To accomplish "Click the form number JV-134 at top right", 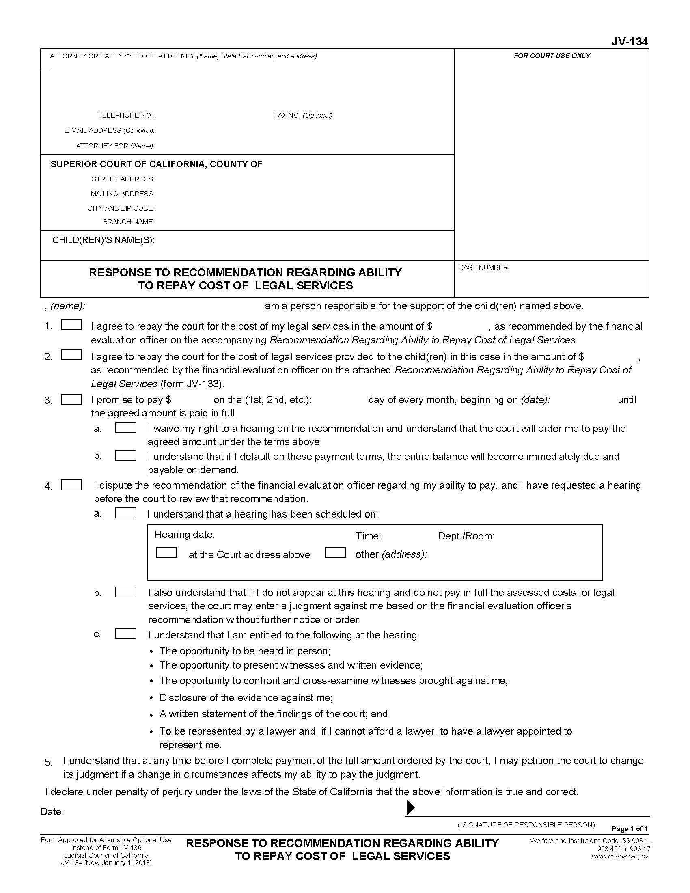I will point(629,42).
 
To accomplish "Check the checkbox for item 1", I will point(71,325).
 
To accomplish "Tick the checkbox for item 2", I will point(71,355).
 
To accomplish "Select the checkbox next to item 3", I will point(71,399).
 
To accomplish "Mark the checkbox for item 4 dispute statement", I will point(71,485).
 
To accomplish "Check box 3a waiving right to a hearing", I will point(125,427).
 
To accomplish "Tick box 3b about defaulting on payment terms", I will point(125,455).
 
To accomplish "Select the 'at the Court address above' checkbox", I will point(166,553).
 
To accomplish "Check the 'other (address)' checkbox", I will point(335,553).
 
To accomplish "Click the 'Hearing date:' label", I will point(184,535).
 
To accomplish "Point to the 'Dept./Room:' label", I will point(466,536).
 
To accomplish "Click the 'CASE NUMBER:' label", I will point(483,267).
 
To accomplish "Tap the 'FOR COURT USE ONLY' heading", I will point(552,56).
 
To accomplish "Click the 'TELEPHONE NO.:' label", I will point(126,115).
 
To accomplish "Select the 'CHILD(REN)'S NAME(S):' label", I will point(103,240).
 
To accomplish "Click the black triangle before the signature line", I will point(410,807).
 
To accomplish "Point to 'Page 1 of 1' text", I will point(629,829).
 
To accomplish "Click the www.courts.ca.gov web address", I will point(620,856).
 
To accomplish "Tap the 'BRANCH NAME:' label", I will point(128,222).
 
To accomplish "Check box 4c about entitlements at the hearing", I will point(125,634).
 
